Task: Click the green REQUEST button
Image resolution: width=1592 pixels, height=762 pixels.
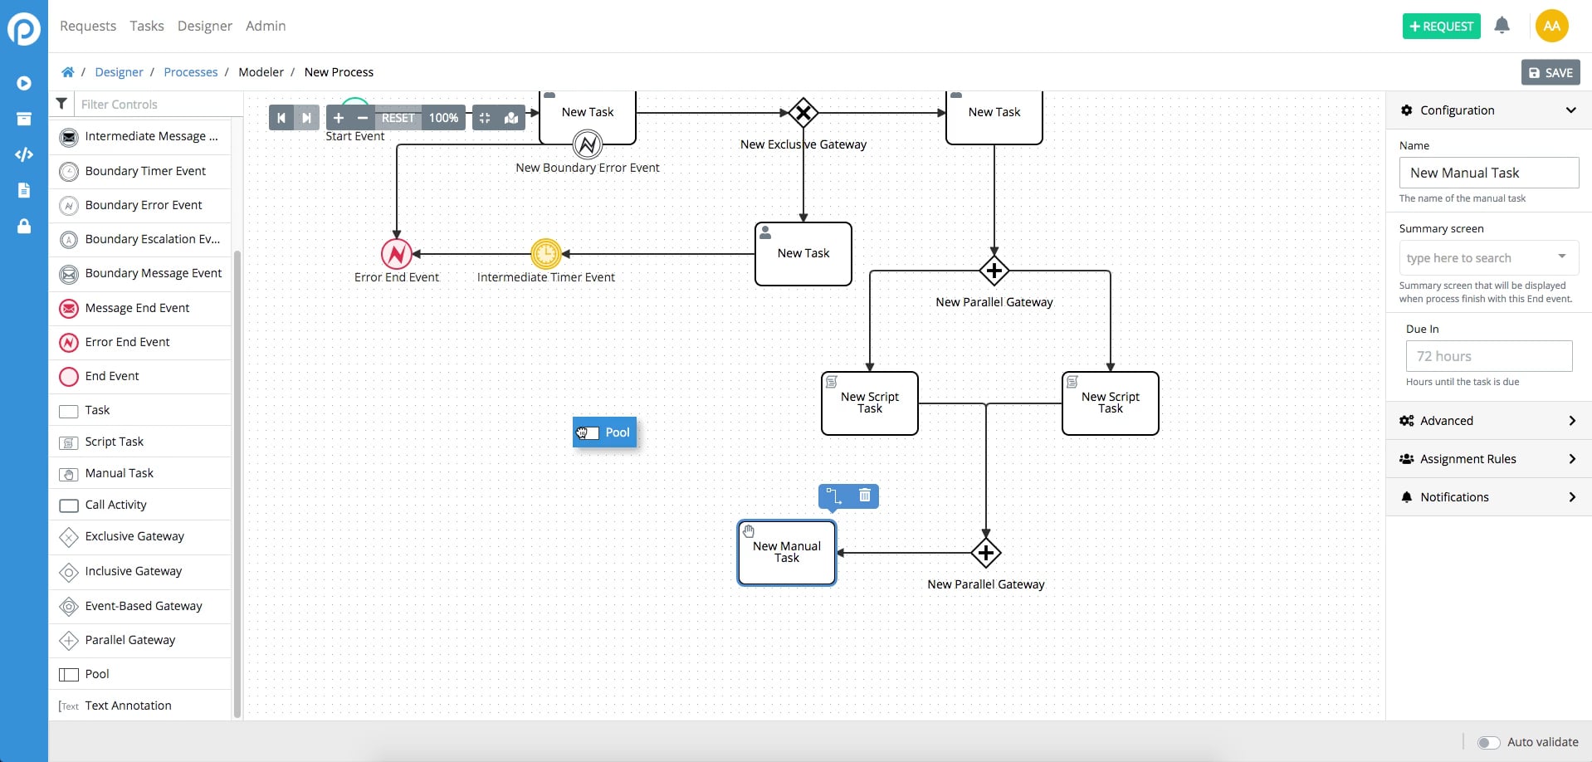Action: (1441, 27)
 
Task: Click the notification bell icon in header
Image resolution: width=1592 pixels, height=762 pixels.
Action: (1502, 26)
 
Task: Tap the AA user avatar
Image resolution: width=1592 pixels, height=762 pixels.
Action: (1551, 26)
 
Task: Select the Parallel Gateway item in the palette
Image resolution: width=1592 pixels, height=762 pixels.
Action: (129, 640)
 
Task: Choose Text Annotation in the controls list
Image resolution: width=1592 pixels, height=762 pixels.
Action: (128, 706)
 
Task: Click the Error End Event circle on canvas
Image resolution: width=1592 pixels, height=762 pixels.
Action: (397, 254)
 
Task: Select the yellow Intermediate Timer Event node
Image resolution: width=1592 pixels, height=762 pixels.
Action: (546, 254)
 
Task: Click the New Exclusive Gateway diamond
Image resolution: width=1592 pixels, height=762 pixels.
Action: (803, 112)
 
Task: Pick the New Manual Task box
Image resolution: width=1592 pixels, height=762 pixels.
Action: (786, 553)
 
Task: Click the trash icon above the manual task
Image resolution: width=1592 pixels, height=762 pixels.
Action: (864, 496)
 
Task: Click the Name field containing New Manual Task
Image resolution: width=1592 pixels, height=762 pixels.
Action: (1488, 173)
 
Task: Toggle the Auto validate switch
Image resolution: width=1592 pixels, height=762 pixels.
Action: (1488, 742)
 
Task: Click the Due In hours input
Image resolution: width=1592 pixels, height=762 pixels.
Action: (1488, 356)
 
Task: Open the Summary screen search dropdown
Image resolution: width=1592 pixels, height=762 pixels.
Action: (1488, 258)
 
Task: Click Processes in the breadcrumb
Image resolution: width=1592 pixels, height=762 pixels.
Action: (190, 72)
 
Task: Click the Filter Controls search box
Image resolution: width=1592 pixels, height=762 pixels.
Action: (154, 105)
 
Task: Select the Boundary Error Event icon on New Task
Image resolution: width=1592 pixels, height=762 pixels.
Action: (588, 144)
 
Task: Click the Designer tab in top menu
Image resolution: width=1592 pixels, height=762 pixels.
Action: (204, 26)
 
